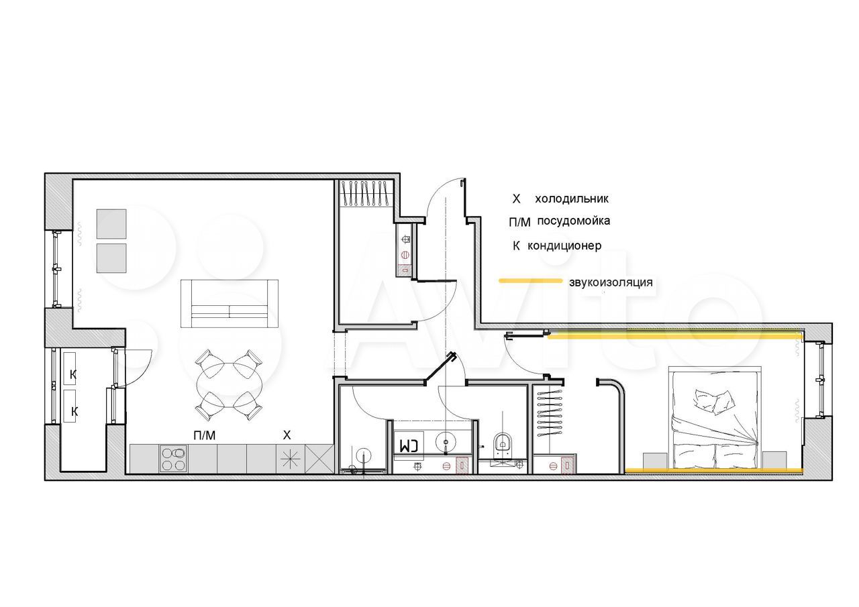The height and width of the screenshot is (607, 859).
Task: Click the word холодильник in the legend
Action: [572, 199]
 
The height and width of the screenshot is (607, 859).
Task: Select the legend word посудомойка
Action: [573, 221]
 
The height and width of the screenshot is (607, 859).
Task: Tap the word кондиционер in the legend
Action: [564, 245]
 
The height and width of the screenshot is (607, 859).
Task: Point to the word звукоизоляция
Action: [611, 282]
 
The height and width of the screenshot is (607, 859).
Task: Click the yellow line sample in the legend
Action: [530, 281]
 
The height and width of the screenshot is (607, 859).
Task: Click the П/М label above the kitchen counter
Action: [205, 435]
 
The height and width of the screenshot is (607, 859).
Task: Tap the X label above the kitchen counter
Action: [287, 435]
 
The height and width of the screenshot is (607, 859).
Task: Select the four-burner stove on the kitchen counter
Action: [174, 459]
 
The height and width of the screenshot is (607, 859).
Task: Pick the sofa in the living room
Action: [230, 303]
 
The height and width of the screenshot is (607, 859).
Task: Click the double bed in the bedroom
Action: [715, 418]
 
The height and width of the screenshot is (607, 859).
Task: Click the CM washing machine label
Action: [409, 445]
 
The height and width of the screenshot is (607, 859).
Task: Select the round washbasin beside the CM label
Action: [446, 441]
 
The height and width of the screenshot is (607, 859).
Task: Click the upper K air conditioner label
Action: [73, 374]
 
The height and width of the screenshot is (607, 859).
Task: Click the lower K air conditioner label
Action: [74, 412]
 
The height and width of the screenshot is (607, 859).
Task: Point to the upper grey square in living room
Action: [111, 224]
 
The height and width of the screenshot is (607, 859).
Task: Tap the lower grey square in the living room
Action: [111, 258]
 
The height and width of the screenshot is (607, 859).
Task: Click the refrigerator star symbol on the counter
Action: [291, 459]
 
